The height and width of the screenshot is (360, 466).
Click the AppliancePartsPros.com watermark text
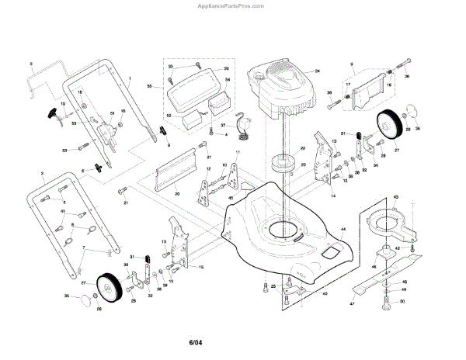point(233,5)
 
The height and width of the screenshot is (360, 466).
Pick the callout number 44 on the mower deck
point(343,229)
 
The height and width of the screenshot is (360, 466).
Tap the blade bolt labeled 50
point(392,302)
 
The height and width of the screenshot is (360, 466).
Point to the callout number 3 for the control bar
point(30,62)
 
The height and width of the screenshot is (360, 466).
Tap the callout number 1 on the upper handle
point(130,80)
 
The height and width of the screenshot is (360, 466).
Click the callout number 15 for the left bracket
point(201,267)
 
